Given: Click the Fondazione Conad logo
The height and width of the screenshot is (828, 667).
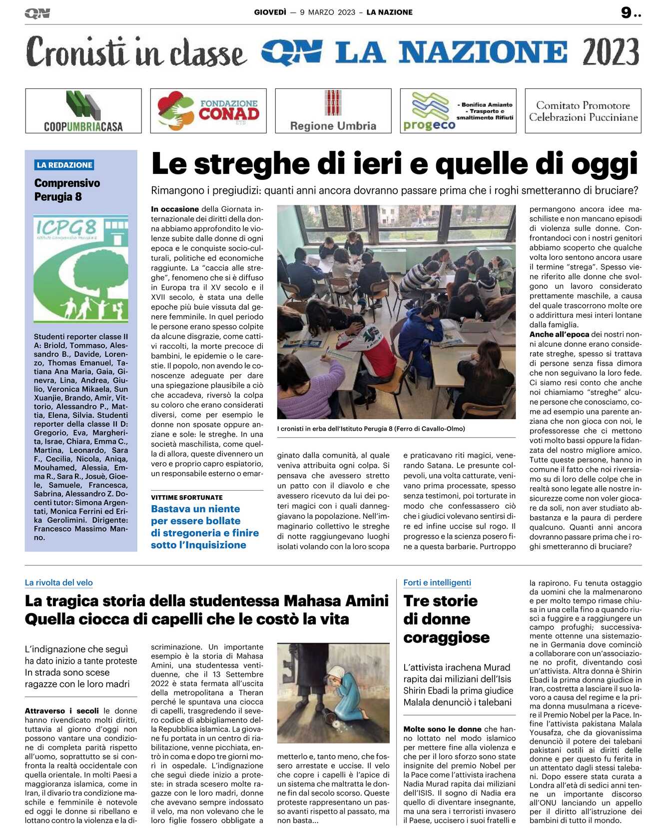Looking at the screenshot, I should tap(208, 111).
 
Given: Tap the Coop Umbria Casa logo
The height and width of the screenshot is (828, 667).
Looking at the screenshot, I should tap(83, 111).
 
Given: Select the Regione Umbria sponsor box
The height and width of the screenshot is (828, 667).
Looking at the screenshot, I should tap(333, 111).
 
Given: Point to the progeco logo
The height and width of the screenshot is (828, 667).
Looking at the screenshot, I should tap(430, 112).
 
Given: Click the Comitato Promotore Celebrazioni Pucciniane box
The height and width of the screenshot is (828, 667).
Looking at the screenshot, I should tap(583, 111).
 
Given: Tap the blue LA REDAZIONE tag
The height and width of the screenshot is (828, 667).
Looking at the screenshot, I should tap(64, 165).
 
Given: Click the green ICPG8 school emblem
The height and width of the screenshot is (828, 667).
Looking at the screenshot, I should tap(81, 268).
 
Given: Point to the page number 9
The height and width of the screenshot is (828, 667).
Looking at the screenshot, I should tap(627, 12).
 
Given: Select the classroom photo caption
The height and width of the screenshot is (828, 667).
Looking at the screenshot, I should tap(371, 429).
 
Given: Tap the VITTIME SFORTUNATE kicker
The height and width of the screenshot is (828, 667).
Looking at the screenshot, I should tap(187, 497).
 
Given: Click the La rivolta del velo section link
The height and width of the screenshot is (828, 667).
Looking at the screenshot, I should tap(58, 583).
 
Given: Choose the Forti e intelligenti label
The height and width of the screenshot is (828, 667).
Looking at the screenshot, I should tap(437, 583).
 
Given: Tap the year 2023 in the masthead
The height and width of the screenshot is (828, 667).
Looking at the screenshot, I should tap(611, 51).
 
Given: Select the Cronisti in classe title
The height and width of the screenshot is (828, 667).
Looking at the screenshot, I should tap(136, 52).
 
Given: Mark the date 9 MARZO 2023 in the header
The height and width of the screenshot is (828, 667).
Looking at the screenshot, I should tap(327, 12).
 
